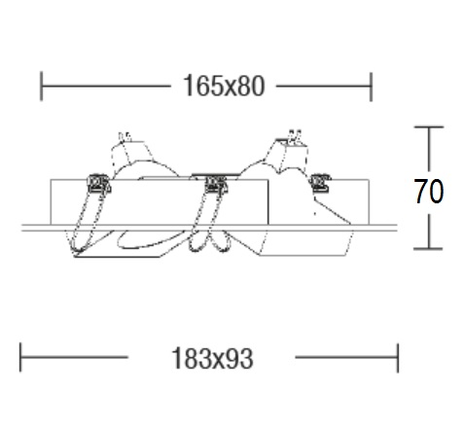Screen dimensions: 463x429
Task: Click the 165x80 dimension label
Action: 224,86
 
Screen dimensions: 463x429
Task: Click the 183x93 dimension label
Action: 212,358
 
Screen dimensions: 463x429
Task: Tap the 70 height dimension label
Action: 429,192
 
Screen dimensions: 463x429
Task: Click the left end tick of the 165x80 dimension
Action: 41,87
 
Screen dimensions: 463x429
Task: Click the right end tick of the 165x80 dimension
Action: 371,87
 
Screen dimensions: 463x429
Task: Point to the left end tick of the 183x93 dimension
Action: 20,357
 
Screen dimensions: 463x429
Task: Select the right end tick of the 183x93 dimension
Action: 398,358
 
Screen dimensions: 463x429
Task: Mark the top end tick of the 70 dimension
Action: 429,127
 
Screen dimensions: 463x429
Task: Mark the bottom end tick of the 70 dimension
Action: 428,249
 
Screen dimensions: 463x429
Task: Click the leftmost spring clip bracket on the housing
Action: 99,184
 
